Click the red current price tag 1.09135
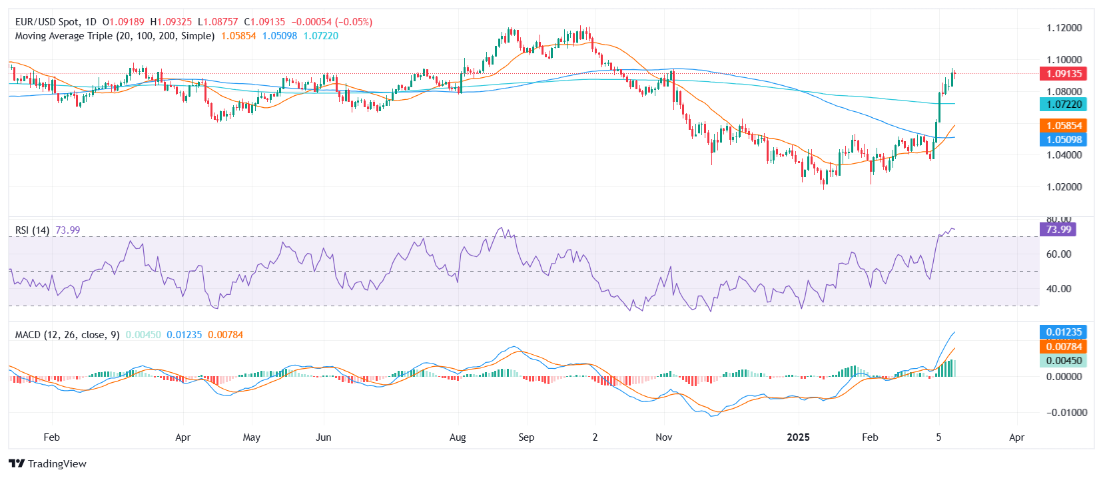(1064, 74)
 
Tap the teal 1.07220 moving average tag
(1064, 105)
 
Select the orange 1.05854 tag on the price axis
(1064, 126)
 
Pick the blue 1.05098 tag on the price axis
(1064, 140)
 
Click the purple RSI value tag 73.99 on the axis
(1058, 230)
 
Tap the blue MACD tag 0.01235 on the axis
(1063, 332)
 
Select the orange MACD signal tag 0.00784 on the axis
(1063, 347)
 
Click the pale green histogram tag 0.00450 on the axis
(1063, 361)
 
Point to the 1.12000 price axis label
(1064, 28)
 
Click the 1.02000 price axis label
(1064, 187)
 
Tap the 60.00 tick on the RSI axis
(1058, 254)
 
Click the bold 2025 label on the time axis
(798, 437)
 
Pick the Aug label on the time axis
(458, 437)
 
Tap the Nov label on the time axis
(663, 437)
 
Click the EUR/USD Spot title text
(47, 22)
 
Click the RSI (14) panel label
(32, 230)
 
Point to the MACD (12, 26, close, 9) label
(67, 335)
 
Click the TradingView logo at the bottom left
(48, 464)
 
